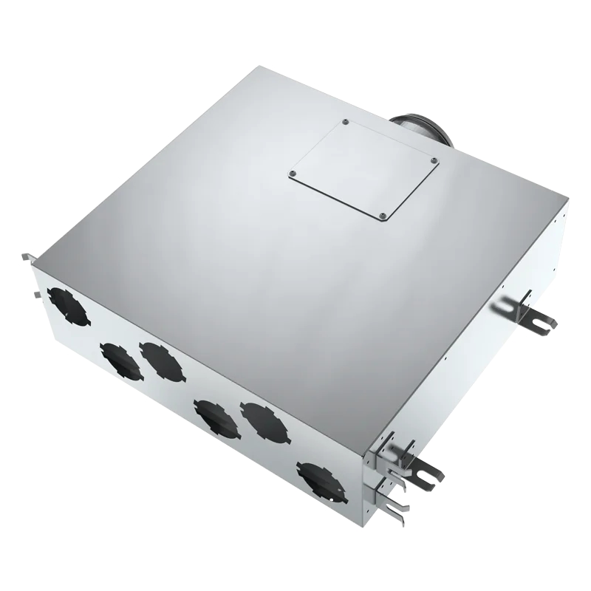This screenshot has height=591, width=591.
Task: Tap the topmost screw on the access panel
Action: tap(345, 121)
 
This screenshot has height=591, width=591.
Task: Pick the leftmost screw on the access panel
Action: tap(293, 174)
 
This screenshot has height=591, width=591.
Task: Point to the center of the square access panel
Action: tap(363, 169)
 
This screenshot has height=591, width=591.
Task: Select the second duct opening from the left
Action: tap(119, 362)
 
